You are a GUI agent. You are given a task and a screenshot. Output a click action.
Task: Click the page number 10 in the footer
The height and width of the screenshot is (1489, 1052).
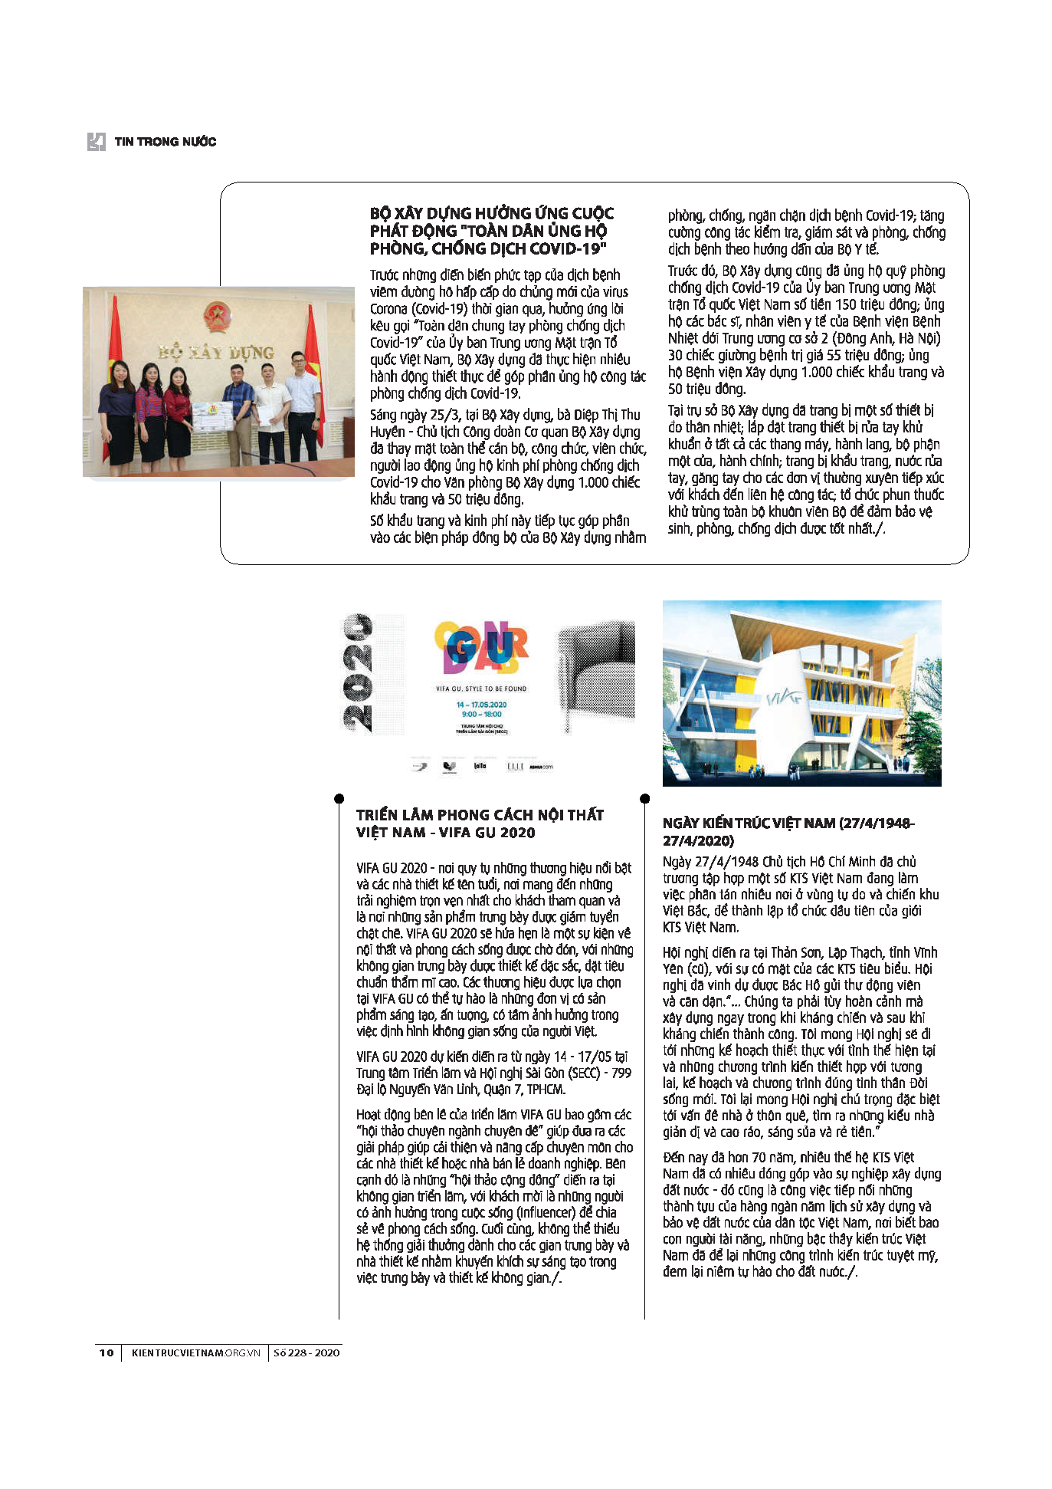[x=107, y=1353]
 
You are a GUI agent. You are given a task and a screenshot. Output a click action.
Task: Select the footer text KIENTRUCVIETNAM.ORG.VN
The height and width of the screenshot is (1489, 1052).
[x=196, y=1353]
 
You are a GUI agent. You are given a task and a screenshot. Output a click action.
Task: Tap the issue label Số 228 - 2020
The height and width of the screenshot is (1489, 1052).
[x=306, y=1353]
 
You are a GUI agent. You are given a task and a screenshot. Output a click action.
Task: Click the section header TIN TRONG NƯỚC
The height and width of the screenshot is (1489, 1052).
[x=166, y=142]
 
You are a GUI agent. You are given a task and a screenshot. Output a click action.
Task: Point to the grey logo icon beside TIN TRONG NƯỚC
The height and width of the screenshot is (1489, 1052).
[x=96, y=142]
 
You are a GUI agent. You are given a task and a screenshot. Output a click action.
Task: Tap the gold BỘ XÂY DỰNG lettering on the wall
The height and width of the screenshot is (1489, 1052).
[x=216, y=352]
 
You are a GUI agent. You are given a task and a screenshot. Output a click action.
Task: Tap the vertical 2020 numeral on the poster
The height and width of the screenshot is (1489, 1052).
[x=357, y=672]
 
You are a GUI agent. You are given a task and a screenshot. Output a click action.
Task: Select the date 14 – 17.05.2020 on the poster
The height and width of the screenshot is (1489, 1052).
[x=481, y=704]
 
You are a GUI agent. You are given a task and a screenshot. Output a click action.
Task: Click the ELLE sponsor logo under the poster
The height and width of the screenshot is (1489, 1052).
[x=515, y=766]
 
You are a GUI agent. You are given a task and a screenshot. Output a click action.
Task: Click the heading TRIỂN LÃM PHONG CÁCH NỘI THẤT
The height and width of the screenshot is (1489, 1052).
[x=480, y=815]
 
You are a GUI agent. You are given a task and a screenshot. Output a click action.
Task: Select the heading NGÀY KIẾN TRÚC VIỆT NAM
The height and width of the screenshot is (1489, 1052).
[x=788, y=823]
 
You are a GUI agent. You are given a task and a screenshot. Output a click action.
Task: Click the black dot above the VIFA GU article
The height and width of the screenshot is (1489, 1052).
[x=339, y=798]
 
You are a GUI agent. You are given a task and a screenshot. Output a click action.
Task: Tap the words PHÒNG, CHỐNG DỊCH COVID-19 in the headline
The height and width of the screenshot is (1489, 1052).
[x=488, y=248]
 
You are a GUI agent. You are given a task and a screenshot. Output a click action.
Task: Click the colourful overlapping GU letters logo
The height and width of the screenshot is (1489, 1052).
[x=481, y=646]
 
